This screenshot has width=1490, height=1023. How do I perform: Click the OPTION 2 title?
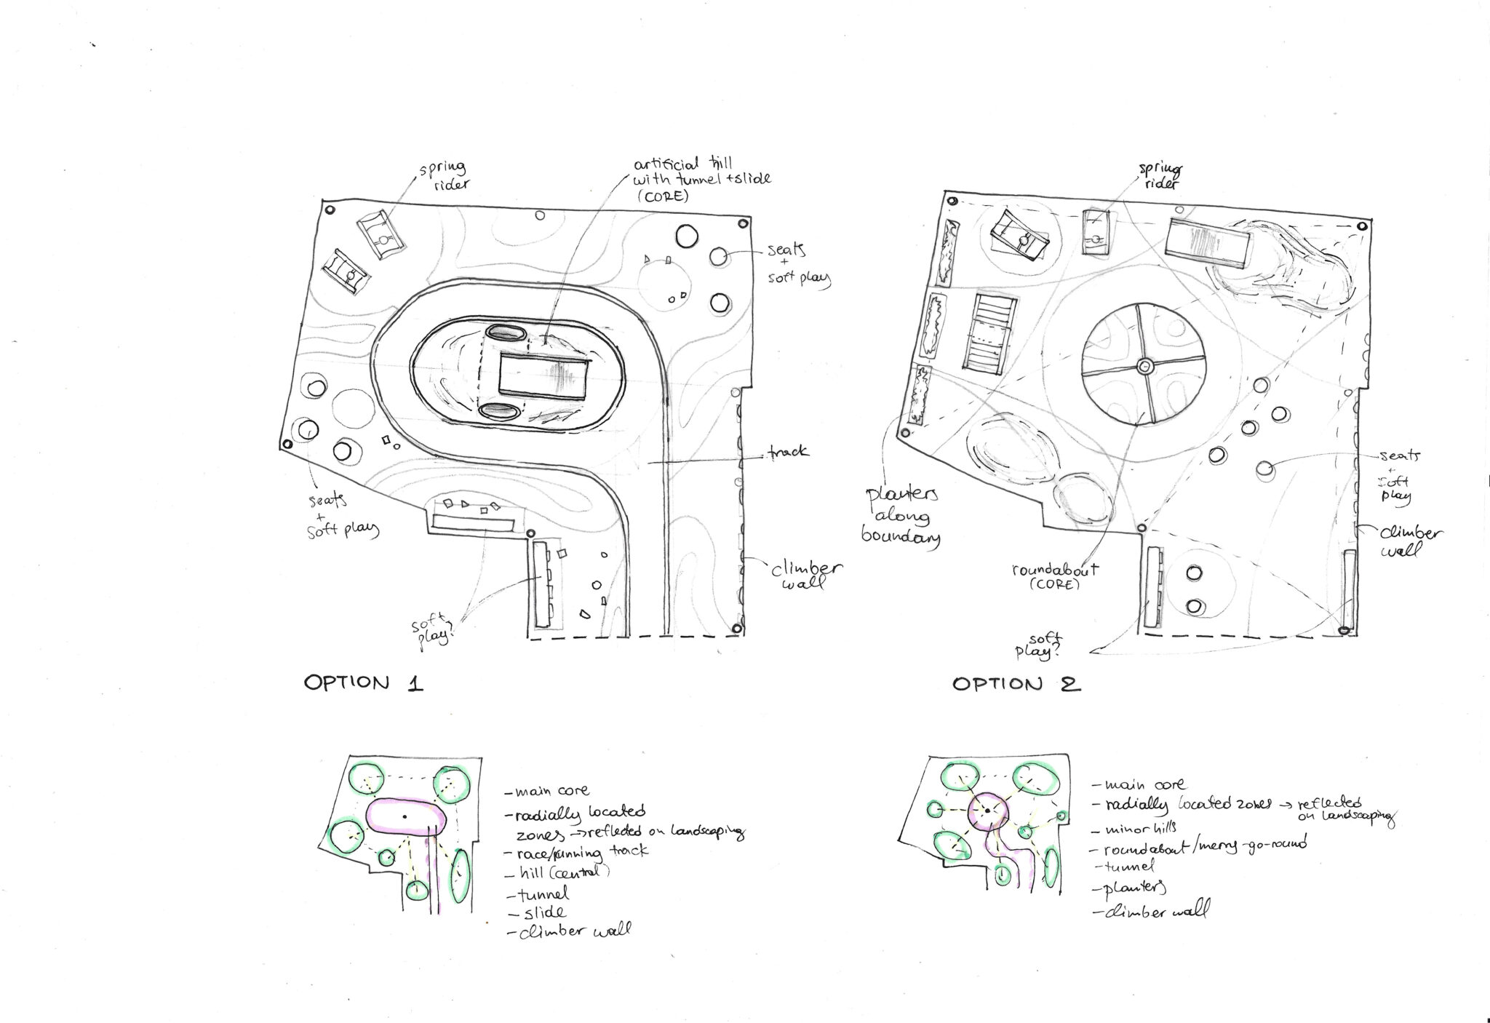[1016, 685]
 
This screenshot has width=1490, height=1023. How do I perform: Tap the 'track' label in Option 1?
[787, 452]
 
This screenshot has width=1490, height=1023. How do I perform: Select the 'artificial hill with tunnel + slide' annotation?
[701, 178]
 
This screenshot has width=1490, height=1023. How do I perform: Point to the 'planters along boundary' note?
[901, 516]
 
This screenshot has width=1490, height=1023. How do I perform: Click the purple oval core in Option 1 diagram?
[405, 820]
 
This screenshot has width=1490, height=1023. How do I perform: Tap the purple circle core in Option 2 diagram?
[987, 812]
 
